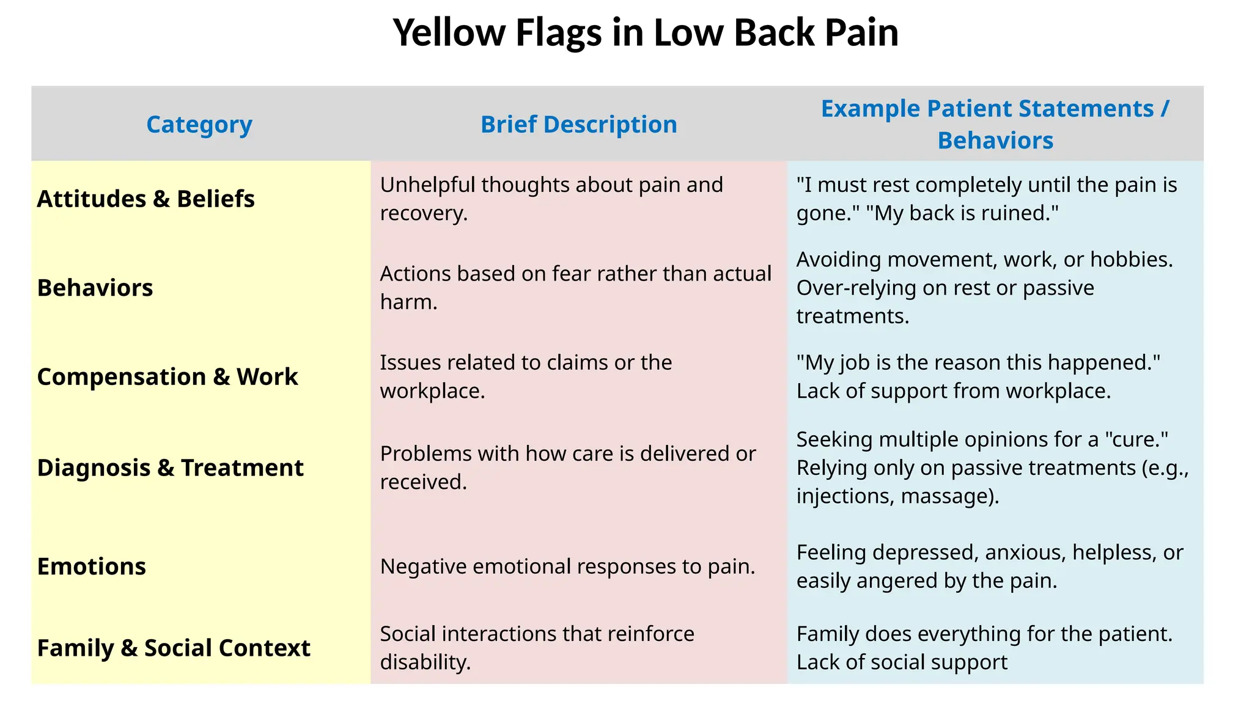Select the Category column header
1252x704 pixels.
click(x=199, y=125)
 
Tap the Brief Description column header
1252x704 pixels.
click(x=578, y=125)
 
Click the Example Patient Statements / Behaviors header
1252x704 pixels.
click(x=995, y=125)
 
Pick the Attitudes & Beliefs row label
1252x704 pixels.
click(x=145, y=199)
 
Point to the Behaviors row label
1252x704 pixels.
click(x=95, y=288)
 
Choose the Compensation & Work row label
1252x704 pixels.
click(x=168, y=377)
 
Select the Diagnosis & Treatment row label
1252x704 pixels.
click(x=170, y=468)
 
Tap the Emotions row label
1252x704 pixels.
click(x=92, y=566)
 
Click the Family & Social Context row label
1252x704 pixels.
click(x=174, y=648)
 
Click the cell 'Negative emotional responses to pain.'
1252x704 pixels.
click(x=567, y=566)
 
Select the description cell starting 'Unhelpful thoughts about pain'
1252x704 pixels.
click(x=551, y=199)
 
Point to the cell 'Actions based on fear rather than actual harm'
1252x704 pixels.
click(x=575, y=288)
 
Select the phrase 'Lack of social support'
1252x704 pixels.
click(x=902, y=662)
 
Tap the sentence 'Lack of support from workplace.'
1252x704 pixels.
click(x=953, y=391)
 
